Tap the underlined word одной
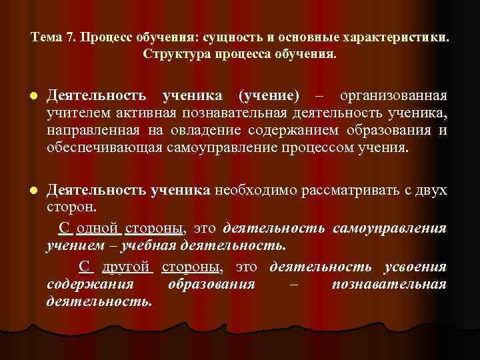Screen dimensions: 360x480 97,229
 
